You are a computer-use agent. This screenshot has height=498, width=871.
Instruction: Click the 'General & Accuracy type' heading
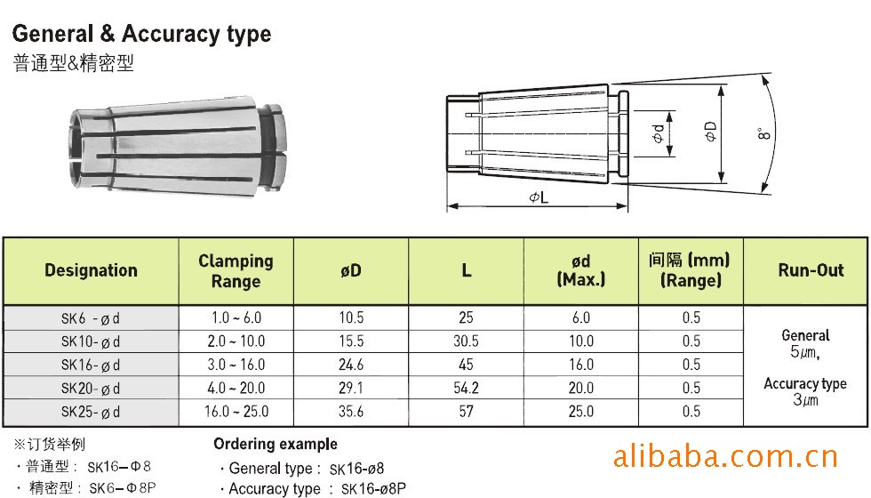pos(141,34)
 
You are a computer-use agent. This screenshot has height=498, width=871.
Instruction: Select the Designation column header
pos(91,270)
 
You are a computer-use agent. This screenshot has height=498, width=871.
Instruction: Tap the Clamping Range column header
pos(236,271)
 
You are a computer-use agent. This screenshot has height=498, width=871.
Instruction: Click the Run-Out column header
pos(811,270)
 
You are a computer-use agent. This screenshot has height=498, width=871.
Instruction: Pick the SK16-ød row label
pos(91,365)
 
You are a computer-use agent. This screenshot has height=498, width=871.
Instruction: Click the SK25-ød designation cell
pos(91,412)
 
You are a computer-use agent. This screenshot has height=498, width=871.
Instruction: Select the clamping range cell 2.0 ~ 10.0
pos(236,341)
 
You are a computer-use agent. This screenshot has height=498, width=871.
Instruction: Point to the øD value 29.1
pos(351,388)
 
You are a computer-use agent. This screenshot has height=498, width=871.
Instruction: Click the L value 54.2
pos(466,388)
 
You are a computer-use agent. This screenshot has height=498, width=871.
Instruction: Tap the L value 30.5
pos(466,341)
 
